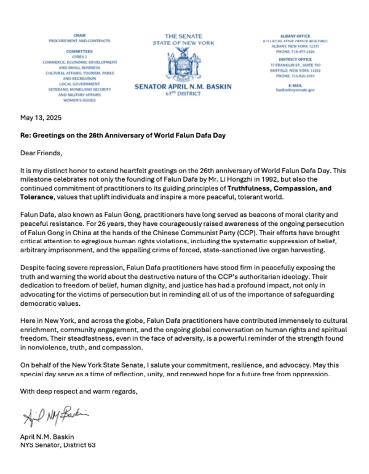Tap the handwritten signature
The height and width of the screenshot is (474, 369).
point(55,419)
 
